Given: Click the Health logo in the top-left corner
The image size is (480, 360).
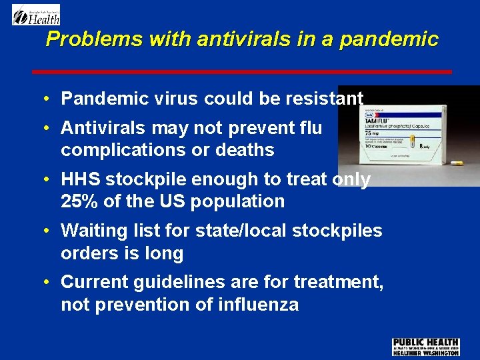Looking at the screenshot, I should (36, 15).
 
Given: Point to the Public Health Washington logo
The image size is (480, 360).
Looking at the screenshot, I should (425, 347).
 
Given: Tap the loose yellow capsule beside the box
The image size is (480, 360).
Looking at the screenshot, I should (457, 163).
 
